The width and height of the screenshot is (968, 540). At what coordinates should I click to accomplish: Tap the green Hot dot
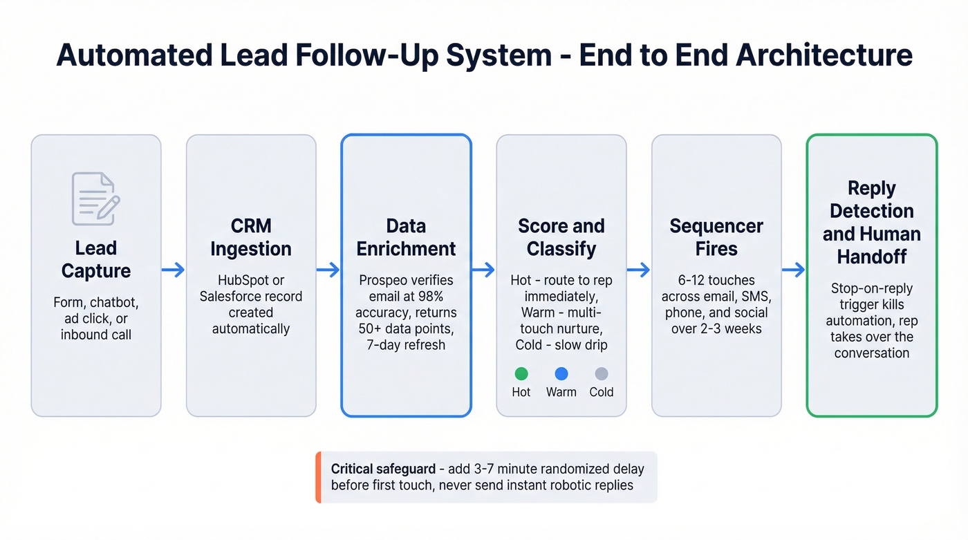[521, 373]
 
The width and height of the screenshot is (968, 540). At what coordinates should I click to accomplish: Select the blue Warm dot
[561, 373]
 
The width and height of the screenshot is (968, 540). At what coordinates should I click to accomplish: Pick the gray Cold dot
[602, 373]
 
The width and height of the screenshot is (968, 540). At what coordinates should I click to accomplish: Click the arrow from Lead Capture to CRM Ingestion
[174, 270]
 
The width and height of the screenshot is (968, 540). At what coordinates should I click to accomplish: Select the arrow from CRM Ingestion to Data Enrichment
[328, 270]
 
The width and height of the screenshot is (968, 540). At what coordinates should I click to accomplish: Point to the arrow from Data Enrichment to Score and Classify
[483, 270]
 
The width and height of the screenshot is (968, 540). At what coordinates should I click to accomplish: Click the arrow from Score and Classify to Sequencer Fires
[639, 270]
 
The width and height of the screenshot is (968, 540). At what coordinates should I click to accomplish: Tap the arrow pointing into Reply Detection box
[794, 270]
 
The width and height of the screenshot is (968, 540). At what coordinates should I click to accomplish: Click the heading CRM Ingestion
[251, 237]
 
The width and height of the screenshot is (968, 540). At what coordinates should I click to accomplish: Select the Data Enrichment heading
[406, 237]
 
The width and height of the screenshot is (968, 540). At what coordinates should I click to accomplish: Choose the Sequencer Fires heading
[716, 237]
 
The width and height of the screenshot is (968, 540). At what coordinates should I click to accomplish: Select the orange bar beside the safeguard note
[318, 477]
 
